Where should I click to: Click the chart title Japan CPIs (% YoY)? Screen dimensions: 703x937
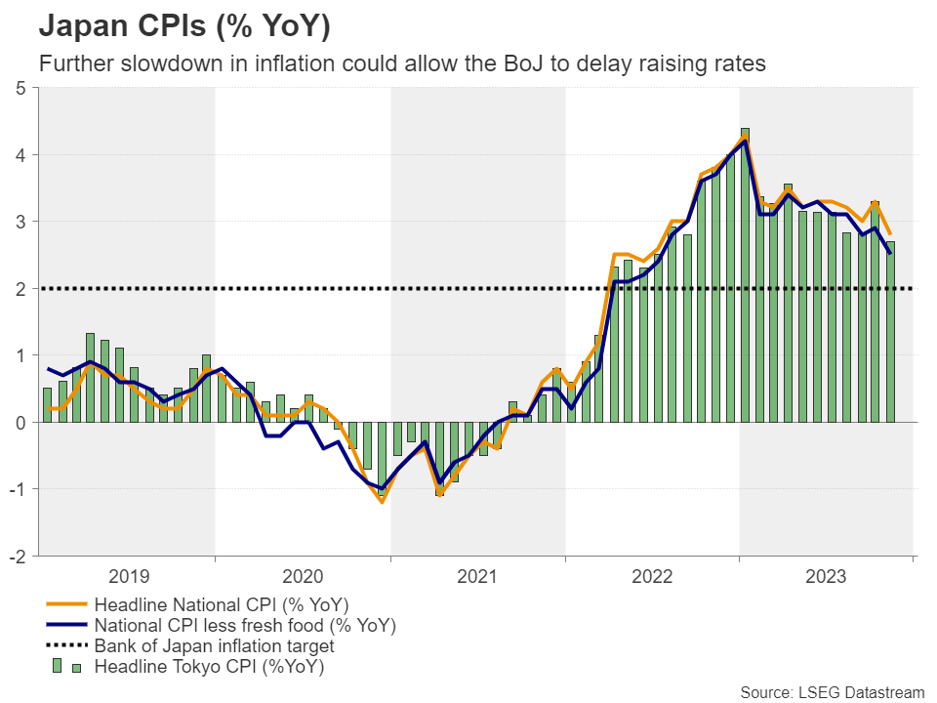tap(184, 26)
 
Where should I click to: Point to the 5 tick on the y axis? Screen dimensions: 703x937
tap(20, 89)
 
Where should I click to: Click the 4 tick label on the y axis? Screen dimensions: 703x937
tap(20, 155)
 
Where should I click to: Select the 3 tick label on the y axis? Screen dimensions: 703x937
tap(20, 222)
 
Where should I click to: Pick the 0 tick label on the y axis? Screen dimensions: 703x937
tap(20, 422)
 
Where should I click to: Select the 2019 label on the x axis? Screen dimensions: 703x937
tap(129, 577)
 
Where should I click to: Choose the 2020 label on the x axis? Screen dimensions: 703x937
tap(303, 577)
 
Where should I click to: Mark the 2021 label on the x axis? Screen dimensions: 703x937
tap(477, 577)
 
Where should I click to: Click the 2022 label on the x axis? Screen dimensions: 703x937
tap(652, 577)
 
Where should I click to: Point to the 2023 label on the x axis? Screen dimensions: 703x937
tap(826, 577)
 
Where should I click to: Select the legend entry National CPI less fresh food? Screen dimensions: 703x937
tap(245, 625)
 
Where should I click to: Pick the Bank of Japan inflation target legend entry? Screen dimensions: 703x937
tap(215, 646)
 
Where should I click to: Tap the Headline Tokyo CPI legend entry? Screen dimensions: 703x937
tap(209, 668)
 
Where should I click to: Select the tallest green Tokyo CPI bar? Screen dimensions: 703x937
tap(745, 274)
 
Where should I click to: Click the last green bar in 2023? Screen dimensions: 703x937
tap(890, 332)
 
